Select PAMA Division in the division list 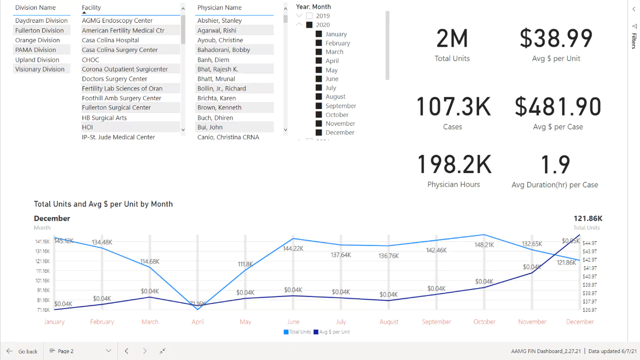36,50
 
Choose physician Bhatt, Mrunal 216,79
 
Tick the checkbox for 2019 309,16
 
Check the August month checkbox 319,96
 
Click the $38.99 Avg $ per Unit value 556,39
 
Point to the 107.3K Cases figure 453,107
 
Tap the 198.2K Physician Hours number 454,165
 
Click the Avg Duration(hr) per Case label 555,185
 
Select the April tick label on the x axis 198,321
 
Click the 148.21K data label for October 484,245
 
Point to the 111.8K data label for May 245,264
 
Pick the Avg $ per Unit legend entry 332,332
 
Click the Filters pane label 634,41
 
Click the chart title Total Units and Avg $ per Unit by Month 103,204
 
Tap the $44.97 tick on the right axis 589,243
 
